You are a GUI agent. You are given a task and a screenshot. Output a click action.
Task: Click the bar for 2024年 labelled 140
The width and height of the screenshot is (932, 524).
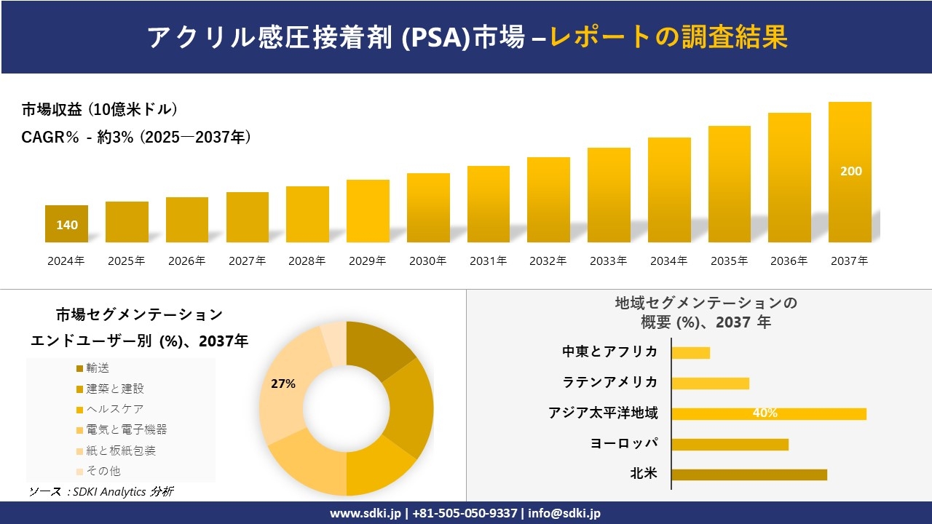tap(66, 224)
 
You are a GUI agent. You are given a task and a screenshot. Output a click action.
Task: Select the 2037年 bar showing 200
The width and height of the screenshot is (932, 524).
tap(850, 172)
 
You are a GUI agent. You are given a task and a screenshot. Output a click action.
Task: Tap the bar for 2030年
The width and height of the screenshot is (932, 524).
tap(428, 207)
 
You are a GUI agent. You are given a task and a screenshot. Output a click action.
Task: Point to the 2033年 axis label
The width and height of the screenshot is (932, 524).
tap(608, 261)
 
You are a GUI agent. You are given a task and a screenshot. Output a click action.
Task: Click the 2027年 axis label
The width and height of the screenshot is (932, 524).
tap(247, 261)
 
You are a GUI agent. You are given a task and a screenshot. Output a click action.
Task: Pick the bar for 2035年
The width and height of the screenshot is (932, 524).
tap(729, 184)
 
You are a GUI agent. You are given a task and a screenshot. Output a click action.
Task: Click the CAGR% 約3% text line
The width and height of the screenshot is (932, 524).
tap(136, 137)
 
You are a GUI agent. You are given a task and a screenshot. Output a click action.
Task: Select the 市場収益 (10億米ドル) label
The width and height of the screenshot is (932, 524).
tap(100, 110)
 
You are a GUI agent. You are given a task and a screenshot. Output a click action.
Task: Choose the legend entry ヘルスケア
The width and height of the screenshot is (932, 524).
tap(114, 409)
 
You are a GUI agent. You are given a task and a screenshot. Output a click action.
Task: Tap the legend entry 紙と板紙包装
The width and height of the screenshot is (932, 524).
tap(120, 450)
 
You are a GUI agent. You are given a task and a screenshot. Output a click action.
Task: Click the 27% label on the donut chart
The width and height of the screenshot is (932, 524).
tap(283, 384)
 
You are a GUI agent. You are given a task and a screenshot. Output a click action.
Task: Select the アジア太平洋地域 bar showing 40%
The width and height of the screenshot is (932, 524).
tap(768, 413)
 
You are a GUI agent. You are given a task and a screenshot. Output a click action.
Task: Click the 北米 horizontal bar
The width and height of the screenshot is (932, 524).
tap(749, 475)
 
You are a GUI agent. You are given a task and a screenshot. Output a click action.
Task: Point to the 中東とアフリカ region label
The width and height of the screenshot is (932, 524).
tap(610, 352)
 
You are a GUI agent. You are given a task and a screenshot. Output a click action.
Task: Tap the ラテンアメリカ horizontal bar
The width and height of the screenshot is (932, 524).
tap(710, 383)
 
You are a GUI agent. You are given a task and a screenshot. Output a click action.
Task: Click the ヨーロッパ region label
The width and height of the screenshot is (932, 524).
tap(624, 443)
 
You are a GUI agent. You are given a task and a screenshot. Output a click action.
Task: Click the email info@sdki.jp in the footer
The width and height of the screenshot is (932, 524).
tap(564, 513)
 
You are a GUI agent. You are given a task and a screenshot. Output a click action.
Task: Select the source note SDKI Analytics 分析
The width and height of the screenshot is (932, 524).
tap(102, 492)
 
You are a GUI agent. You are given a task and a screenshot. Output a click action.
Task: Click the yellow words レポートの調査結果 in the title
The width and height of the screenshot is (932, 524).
tap(668, 37)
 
